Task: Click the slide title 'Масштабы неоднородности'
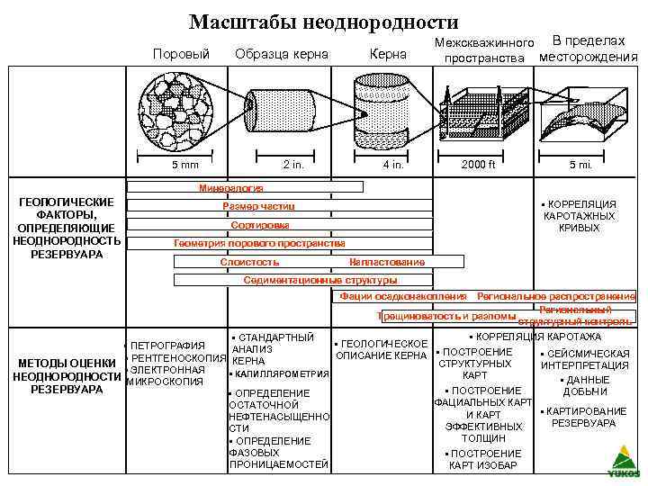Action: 324,22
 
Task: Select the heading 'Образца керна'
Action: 282,55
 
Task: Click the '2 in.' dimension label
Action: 293,165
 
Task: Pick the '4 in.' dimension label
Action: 393,165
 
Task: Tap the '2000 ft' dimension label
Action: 479,165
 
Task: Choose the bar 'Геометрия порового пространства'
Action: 259,243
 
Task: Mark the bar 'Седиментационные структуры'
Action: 320,280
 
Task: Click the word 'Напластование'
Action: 386,262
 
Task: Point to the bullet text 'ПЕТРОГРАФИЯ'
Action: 168,346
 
